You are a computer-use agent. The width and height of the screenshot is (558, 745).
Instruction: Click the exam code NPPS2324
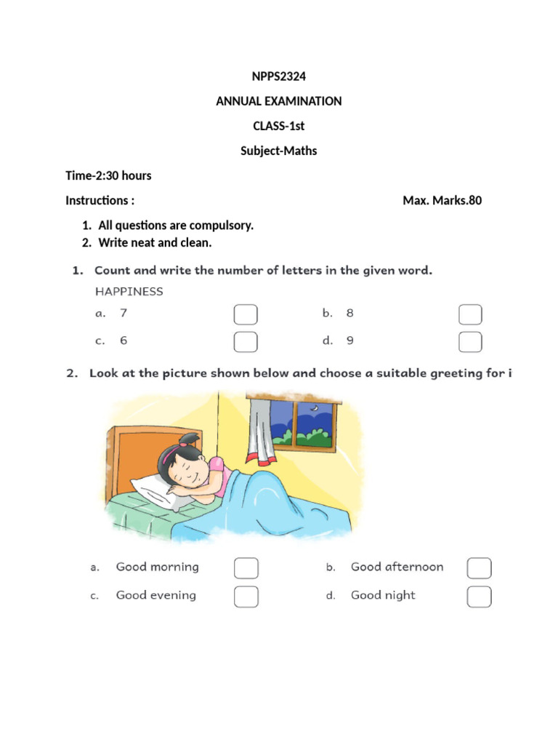[x=278, y=76]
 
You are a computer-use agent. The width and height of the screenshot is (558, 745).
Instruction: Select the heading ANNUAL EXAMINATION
[x=278, y=101]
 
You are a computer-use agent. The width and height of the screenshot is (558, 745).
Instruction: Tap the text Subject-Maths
[x=278, y=151]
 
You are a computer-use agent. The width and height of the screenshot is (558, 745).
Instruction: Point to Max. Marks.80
[x=442, y=200]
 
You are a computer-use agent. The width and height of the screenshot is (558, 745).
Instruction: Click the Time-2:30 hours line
[x=108, y=175]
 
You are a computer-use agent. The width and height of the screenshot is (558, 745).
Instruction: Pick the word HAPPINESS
[x=129, y=291]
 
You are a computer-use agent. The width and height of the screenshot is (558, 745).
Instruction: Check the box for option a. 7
[x=246, y=314]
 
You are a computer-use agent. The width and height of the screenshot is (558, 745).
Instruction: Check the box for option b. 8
[x=471, y=314]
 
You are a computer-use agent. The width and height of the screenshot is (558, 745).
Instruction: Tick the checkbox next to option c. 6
[x=246, y=341]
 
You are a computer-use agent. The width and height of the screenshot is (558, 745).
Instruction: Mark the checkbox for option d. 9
[x=471, y=341]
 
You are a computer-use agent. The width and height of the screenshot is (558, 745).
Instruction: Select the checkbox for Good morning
[x=246, y=568]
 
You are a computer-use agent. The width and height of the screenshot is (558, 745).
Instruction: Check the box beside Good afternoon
[x=479, y=568]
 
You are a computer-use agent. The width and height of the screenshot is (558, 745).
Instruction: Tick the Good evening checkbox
[x=246, y=597]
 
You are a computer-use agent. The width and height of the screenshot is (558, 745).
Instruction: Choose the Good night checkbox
[x=479, y=597]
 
